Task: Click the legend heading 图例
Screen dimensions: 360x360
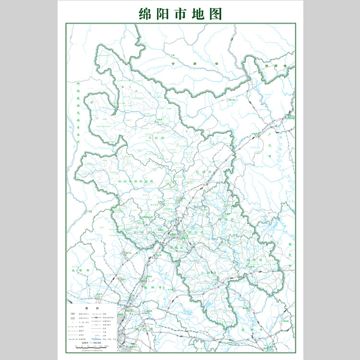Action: [x=92, y=308]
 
